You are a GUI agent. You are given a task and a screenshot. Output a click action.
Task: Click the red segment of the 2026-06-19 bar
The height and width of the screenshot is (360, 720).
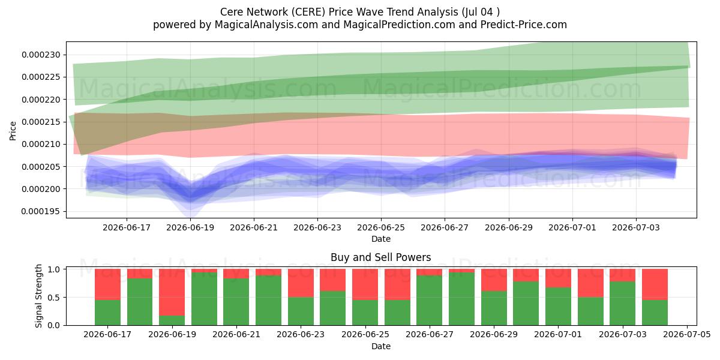[172, 292]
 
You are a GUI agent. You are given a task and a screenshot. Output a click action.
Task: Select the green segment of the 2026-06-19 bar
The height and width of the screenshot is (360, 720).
[172, 320]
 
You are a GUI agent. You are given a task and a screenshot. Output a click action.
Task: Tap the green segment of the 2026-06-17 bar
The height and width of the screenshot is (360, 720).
[107, 313]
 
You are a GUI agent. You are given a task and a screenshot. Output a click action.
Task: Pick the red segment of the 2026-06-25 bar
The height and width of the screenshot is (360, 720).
[365, 284]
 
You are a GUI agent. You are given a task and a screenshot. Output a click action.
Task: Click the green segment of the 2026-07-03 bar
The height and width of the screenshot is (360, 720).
[623, 304]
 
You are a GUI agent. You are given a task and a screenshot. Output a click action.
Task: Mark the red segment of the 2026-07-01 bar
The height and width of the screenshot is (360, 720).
[559, 278]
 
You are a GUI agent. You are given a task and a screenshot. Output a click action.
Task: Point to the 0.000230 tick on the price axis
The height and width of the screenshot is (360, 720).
[65, 55]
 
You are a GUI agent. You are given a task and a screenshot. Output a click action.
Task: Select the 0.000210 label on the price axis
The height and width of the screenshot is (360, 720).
[41, 145]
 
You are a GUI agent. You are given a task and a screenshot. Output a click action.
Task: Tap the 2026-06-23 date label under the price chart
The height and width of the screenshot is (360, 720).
[317, 227]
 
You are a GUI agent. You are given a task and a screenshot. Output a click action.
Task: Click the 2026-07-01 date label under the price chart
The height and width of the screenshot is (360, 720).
[572, 227]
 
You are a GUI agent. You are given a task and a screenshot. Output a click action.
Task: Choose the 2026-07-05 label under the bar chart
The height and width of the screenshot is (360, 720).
[687, 334]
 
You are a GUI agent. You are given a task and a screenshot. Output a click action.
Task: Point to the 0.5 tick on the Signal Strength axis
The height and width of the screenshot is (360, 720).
[65, 298]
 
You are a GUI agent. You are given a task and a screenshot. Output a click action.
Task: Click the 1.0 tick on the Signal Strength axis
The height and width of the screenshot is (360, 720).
[65, 269]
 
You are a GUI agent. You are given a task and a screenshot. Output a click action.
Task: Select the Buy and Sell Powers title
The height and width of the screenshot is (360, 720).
[381, 257]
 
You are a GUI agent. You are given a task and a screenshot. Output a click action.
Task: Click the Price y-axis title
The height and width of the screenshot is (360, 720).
[13, 131]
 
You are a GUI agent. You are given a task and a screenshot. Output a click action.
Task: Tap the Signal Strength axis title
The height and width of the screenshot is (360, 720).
[38, 296]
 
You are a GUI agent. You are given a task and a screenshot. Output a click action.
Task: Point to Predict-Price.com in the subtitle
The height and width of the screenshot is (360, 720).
[524, 25]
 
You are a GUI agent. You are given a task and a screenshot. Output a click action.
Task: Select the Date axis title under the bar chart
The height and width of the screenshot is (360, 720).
[381, 346]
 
